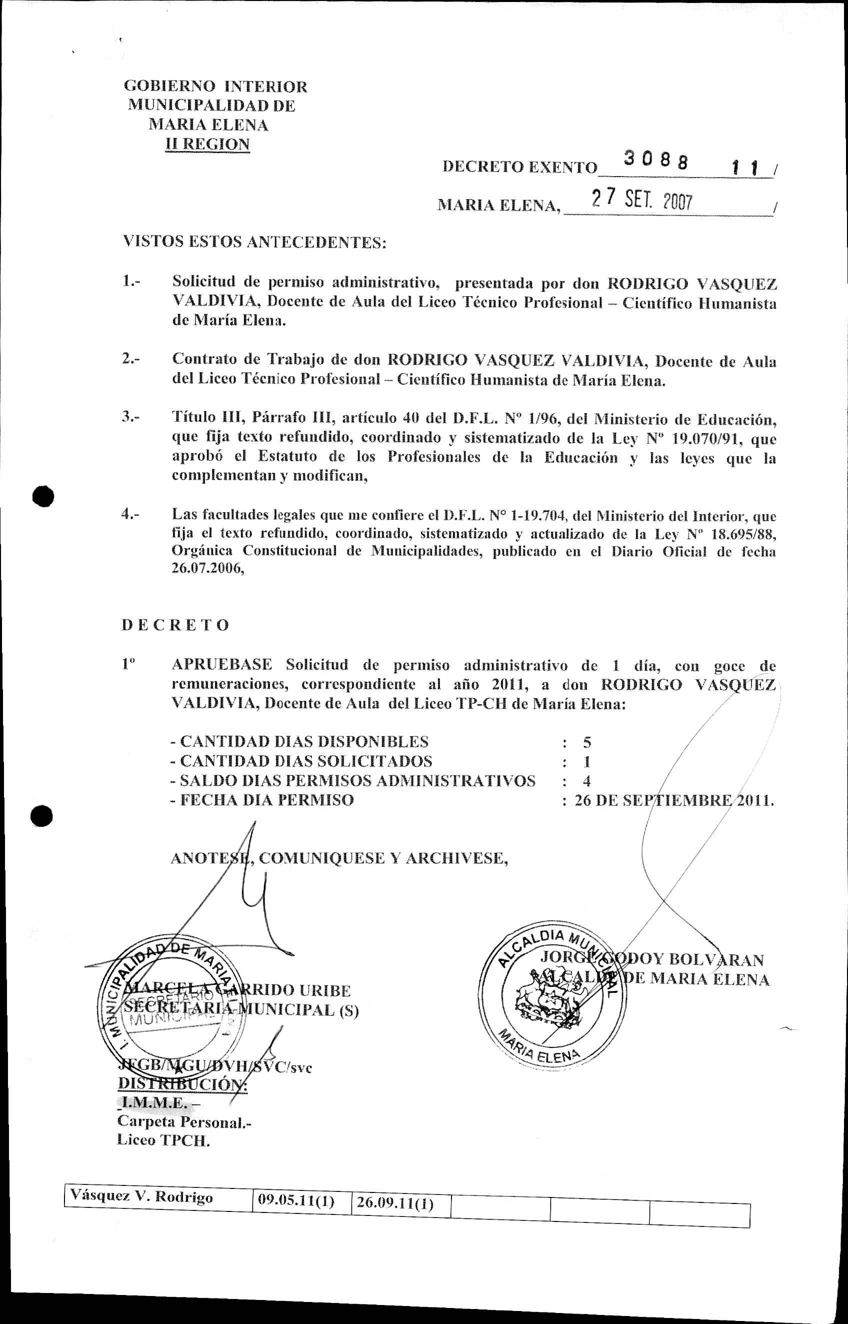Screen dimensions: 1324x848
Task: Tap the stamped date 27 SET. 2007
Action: click(641, 200)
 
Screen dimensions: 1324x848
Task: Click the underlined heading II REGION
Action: click(207, 144)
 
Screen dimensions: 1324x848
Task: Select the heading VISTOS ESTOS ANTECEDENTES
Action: click(254, 242)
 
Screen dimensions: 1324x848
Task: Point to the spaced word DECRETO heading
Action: click(175, 625)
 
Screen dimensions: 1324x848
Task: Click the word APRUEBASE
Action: click(222, 664)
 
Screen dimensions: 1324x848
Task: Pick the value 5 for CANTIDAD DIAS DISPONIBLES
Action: click(587, 742)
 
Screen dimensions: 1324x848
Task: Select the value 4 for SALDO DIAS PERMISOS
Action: click(587, 781)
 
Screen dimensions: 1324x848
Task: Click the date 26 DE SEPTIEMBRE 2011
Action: click(674, 800)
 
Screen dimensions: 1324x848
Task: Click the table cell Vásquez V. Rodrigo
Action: click(141, 1196)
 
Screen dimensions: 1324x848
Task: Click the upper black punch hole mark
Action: click(43, 496)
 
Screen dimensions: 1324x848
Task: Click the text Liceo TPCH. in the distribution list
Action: click(163, 1140)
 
